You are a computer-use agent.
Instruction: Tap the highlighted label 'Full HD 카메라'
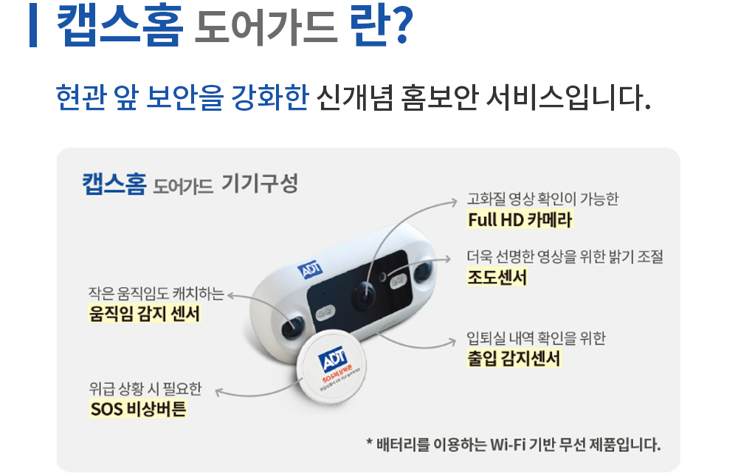click(x=520, y=220)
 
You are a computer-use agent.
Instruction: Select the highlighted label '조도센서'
click(x=497, y=278)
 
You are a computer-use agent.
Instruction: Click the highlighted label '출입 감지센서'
click(x=514, y=359)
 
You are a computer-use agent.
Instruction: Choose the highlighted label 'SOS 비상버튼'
click(x=138, y=408)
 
